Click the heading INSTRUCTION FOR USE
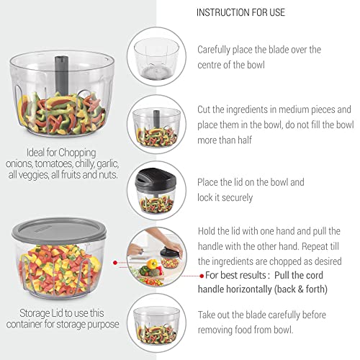pos(240,12)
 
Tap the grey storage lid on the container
pos(59,230)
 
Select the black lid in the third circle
pos(156,179)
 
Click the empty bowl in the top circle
pos(156,58)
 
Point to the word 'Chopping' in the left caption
pos(77,153)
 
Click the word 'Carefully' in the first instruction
pos(214,50)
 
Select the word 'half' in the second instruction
pos(245,140)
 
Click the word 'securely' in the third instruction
pos(237,198)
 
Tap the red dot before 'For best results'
pos(202,276)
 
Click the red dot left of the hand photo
pos(115,263)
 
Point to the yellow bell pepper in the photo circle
pos(152,264)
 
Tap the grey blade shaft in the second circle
pos(156,120)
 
